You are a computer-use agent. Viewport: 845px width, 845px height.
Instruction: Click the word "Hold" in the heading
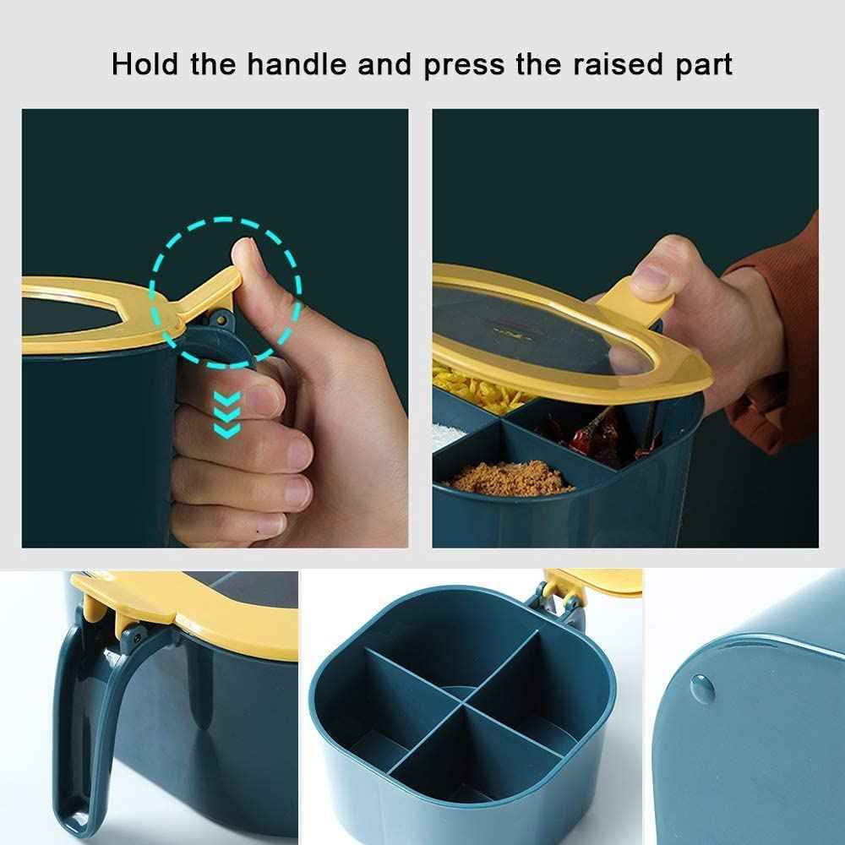point(144,63)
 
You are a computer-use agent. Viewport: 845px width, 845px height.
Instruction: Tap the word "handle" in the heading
point(297,63)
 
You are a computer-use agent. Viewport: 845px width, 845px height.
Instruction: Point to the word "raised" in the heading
point(618,63)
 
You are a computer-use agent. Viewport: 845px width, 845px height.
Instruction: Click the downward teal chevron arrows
point(226,414)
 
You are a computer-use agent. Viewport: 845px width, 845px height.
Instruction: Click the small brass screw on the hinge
point(221,319)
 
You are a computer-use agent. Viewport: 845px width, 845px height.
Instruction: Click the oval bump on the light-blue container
point(702,690)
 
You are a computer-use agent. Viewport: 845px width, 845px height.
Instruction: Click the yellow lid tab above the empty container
point(593,583)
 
